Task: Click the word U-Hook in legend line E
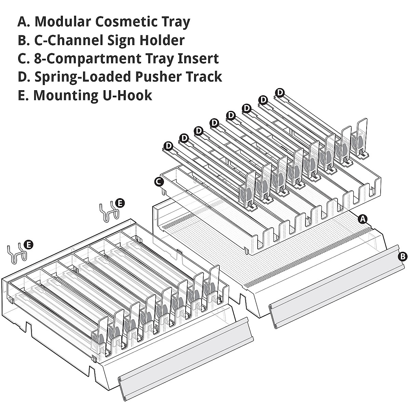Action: tap(127, 95)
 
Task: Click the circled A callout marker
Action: tap(363, 219)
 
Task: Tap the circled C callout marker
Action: tap(158, 182)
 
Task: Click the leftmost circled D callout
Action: tap(168, 146)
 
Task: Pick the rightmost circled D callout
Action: tap(280, 92)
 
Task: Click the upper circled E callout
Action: tap(120, 203)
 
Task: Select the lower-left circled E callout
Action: tap(29, 244)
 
